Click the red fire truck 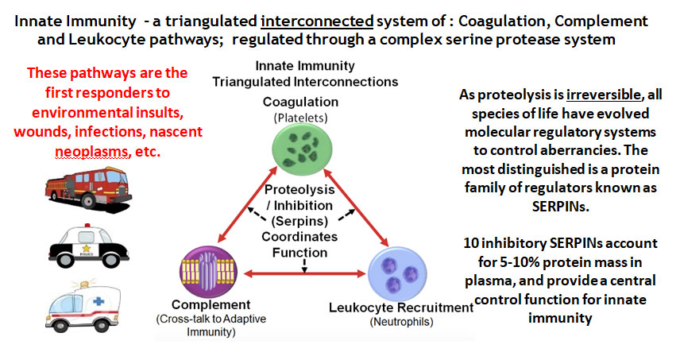(x=88, y=188)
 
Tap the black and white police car (x=89, y=246)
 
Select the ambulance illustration (x=83, y=306)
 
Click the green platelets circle (x=303, y=149)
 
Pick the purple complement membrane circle (x=209, y=272)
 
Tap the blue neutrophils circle (x=397, y=273)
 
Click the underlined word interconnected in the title (x=317, y=21)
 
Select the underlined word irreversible (x=603, y=95)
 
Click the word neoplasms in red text (x=92, y=152)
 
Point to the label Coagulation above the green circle (x=300, y=102)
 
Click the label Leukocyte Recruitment (x=401, y=308)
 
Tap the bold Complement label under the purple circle (x=211, y=304)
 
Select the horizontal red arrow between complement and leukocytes (x=305, y=273)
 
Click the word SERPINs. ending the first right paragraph (x=560, y=207)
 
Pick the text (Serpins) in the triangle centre (x=299, y=221)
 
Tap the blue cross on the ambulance (x=99, y=300)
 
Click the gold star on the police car (x=86, y=248)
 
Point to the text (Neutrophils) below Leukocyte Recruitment (x=401, y=322)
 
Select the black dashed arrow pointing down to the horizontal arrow (x=304, y=266)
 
